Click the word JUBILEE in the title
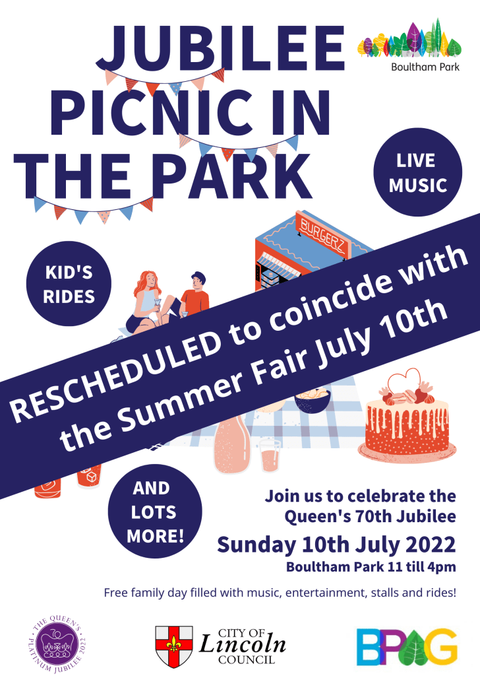pos(220,49)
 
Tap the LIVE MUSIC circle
pos(417,172)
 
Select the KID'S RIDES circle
pos(69,284)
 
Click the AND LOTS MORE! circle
pos(155,511)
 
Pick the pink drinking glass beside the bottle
pos(270,456)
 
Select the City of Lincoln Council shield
pos(174,646)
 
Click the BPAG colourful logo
pos(407,646)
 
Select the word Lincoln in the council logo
pos(243,644)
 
